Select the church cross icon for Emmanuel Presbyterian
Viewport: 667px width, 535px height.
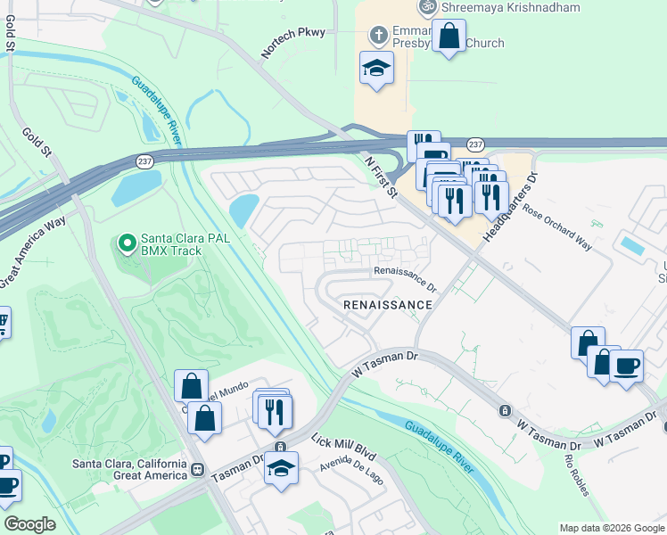coord(378,37)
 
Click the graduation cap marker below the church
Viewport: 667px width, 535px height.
coord(376,68)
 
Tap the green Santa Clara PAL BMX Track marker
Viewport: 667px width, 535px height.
coord(127,241)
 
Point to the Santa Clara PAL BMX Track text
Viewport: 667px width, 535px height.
coord(171,245)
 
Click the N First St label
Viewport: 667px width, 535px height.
coord(384,174)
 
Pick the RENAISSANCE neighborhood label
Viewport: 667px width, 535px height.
coord(388,305)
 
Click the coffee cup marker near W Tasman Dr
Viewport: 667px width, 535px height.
coord(626,364)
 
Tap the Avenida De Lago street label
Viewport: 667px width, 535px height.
coord(353,474)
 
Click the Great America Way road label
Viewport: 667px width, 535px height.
coord(33,252)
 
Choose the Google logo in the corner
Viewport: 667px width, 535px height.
coord(29,524)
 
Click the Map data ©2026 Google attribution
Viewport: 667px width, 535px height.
coord(612,528)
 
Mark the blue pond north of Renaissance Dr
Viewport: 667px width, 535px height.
coord(243,211)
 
